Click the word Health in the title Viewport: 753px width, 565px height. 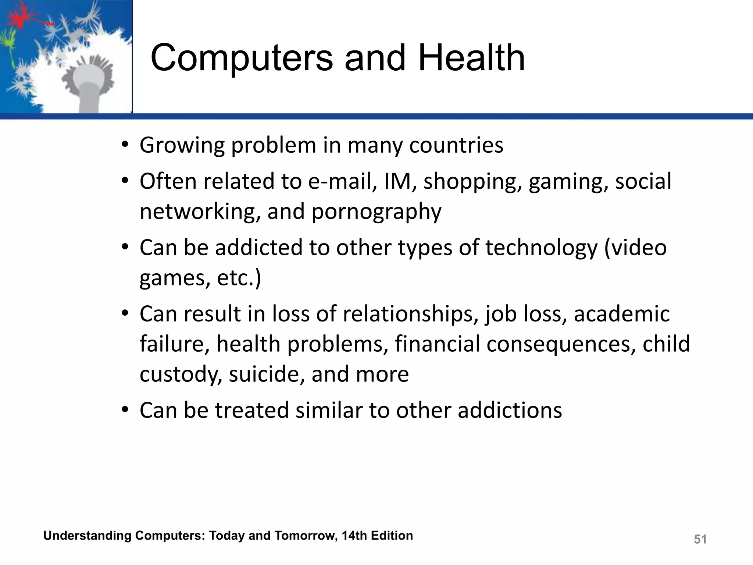[472, 58]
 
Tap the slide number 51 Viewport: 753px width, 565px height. [700, 539]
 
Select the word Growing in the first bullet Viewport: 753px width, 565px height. [182, 146]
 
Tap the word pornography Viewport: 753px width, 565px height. [376, 213]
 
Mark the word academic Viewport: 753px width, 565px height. [622, 314]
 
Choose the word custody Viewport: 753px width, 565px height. [181, 375]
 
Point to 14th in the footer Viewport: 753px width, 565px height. [354, 536]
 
